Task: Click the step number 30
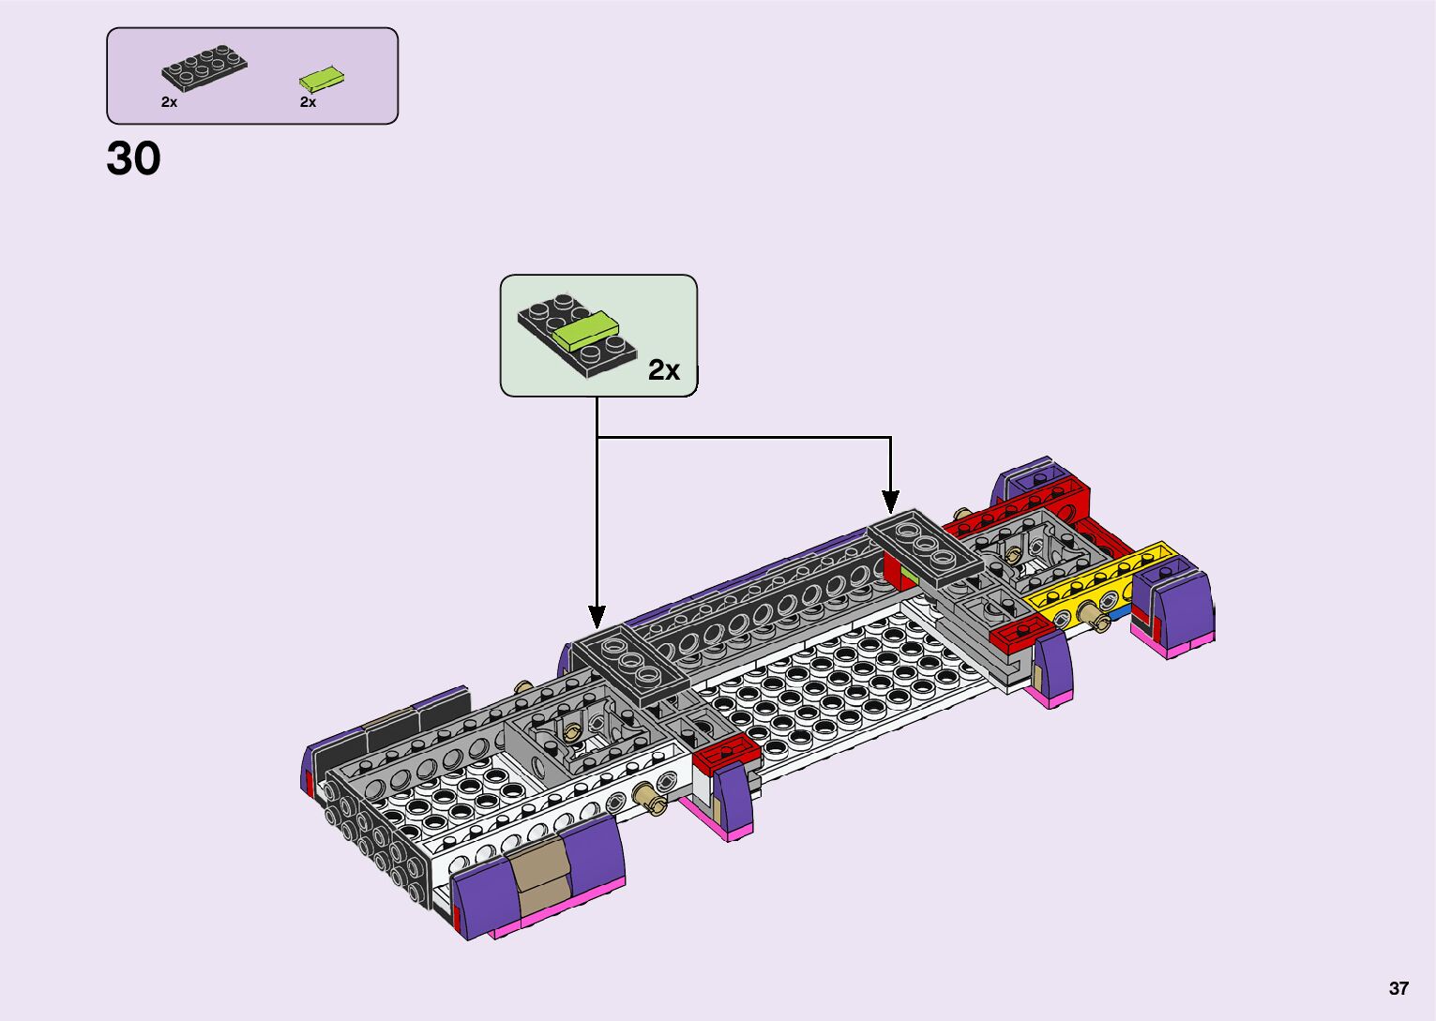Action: click(133, 158)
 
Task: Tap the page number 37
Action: click(1398, 988)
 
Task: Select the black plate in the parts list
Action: click(204, 67)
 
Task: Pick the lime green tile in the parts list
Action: click(321, 80)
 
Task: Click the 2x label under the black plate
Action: click(169, 102)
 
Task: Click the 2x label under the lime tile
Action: click(308, 102)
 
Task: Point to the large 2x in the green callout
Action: click(663, 369)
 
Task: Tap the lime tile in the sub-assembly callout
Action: click(586, 331)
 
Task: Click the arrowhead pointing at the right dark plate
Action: click(890, 502)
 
